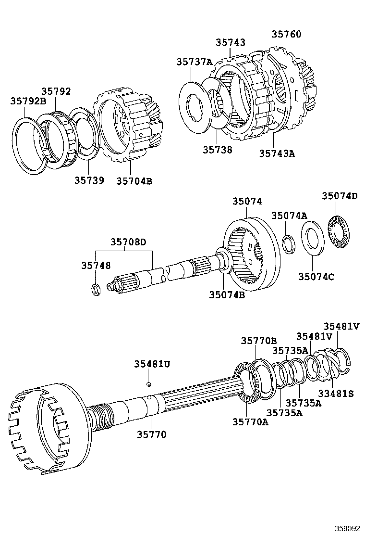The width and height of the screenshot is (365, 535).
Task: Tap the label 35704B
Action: pos(134,181)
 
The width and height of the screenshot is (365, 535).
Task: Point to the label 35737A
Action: pos(194,62)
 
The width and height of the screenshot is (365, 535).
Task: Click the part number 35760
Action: pos(286,34)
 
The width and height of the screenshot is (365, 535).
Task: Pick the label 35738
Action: pos(217,150)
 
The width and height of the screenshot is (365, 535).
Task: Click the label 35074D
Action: pos(340,196)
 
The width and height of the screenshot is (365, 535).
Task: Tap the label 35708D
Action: pos(128,242)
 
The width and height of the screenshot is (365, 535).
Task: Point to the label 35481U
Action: pos(152,364)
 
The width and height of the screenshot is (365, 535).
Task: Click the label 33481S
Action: pos(336,394)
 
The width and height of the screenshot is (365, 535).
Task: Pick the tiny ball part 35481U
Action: pos(149,384)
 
